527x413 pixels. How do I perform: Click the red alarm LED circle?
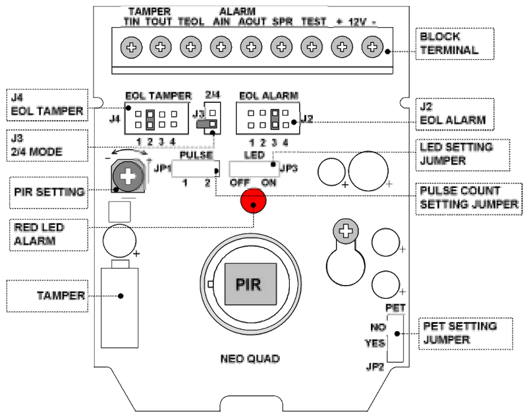[251, 201]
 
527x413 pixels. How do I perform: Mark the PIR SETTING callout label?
[49, 193]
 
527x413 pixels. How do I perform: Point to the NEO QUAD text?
[250, 359]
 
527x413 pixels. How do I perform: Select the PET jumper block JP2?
[394, 337]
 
